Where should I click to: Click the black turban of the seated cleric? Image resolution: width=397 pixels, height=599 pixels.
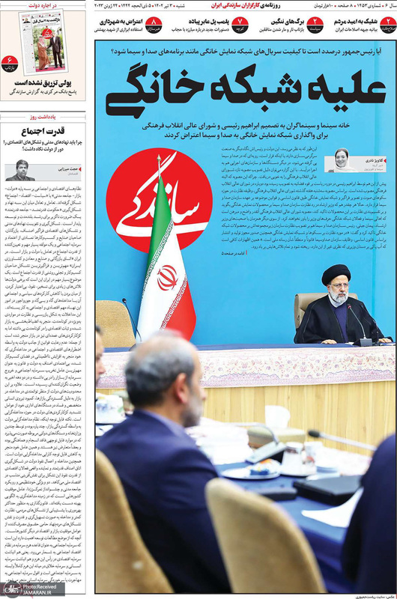[x=336, y=273]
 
